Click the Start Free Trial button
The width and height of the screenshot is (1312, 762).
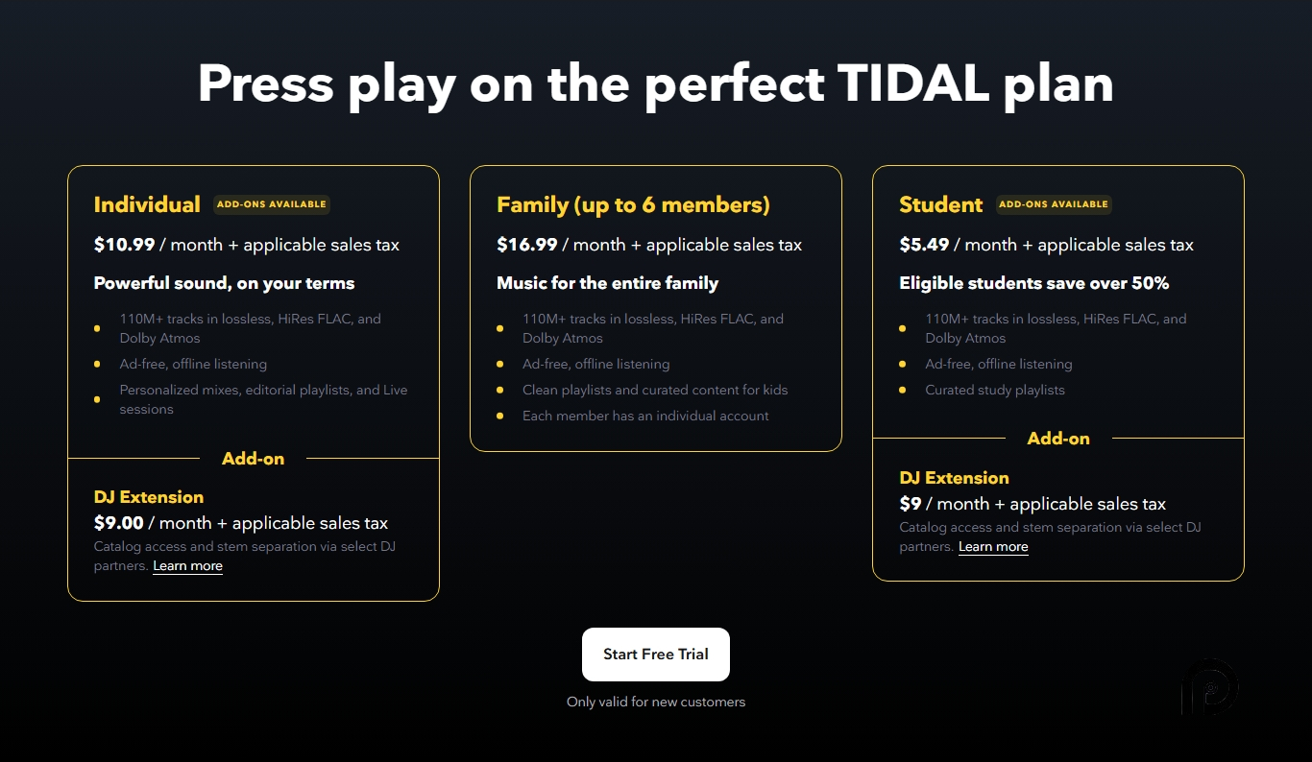tap(655, 655)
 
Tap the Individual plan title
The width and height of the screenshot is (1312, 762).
tap(147, 204)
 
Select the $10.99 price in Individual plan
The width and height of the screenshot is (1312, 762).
tap(124, 245)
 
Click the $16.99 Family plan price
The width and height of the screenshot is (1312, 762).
tap(526, 245)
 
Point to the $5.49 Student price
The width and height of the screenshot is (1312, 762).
tap(924, 245)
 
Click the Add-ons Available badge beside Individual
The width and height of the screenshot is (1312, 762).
tap(271, 204)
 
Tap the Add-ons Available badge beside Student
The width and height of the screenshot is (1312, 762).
tap(1054, 204)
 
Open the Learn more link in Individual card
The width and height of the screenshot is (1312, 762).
tap(187, 566)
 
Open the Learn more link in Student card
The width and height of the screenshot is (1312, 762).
tap(993, 547)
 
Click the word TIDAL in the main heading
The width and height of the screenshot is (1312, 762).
tap(912, 83)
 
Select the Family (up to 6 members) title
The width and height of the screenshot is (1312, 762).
tap(633, 204)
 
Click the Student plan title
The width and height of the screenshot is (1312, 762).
tap(940, 204)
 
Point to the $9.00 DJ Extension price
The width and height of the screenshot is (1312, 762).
tap(118, 523)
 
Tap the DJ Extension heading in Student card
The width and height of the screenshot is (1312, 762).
tap(954, 478)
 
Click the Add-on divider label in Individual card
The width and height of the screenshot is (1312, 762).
tap(253, 459)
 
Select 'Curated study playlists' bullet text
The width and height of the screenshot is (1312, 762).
tap(994, 390)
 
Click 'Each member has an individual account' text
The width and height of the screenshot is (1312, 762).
tap(645, 416)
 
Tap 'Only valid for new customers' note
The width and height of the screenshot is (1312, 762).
tap(655, 702)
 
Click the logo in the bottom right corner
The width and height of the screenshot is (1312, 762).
tap(1209, 687)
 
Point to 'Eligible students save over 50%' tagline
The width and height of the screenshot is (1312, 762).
tap(1033, 283)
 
